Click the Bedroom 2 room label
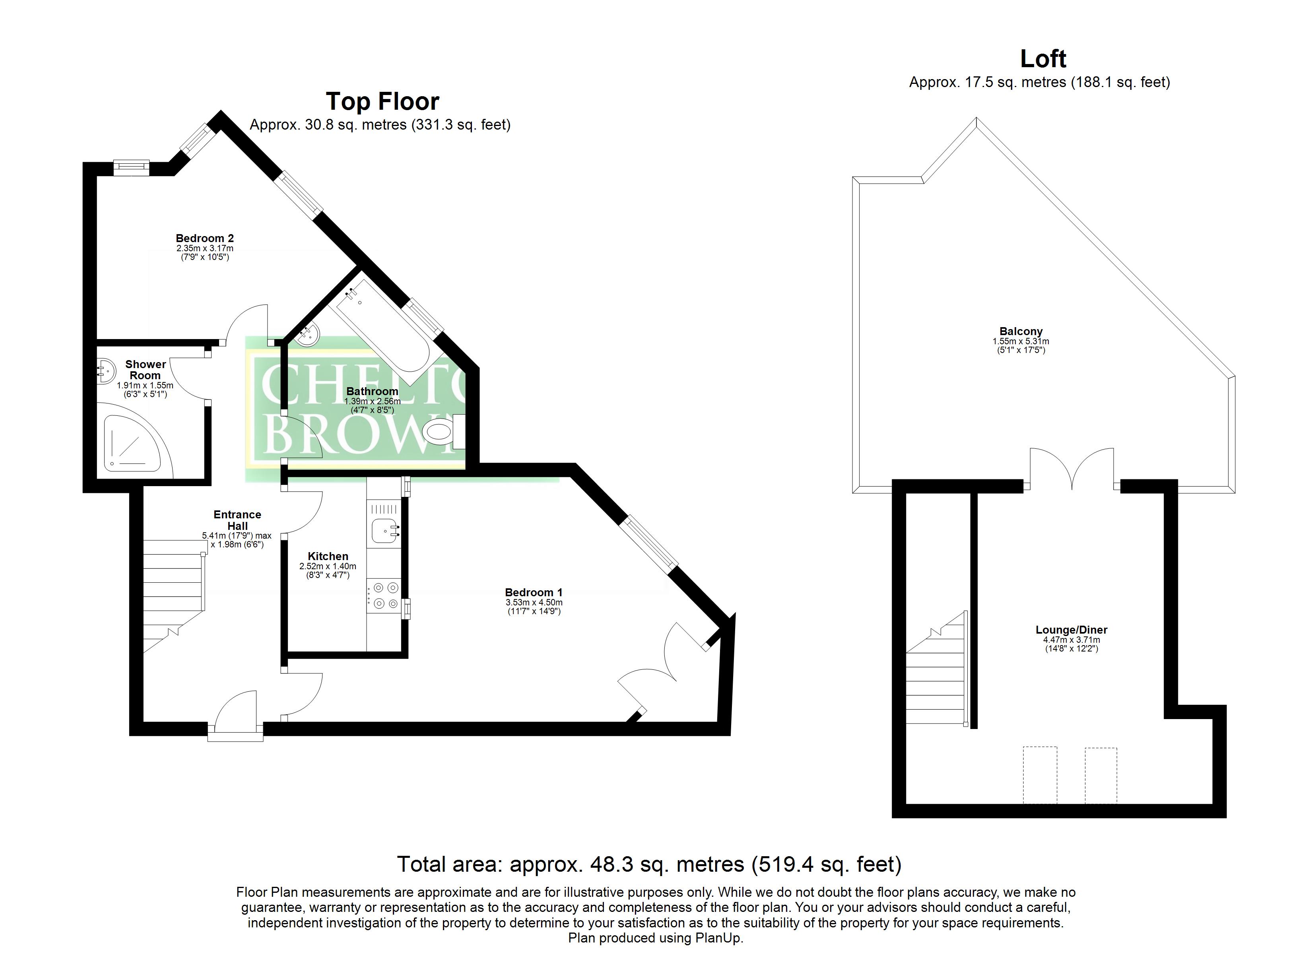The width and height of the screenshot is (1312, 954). [205, 238]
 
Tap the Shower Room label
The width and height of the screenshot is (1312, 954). [145, 370]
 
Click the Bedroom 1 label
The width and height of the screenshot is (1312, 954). [534, 592]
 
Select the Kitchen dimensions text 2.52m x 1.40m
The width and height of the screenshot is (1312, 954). [328, 566]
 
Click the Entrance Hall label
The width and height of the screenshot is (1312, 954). [237, 520]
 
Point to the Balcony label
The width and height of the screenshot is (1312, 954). [1021, 332]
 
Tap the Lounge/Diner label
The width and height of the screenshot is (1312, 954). [1071, 630]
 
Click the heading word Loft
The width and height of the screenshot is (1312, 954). [1043, 58]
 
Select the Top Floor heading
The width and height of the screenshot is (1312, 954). [382, 101]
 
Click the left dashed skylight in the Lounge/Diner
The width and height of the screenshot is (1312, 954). [1040, 775]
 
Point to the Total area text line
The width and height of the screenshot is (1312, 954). [649, 864]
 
